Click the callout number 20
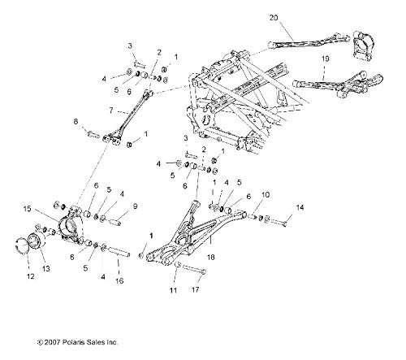[x=274, y=18]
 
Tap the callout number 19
[x=326, y=59]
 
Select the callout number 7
[x=111, y=111]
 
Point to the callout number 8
[x=76, y=121]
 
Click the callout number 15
[x=28, y=209]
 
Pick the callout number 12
[x=31, y=276]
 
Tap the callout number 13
[x=46, y=268]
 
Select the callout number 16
[x=119, y=280]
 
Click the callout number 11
[x=173, y=290]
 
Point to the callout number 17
[x=195, y=289]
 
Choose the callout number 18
[x=210, y=257]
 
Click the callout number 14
[x=300, y=207]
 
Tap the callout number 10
[x=266, y=195]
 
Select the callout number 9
[x=135, y=206]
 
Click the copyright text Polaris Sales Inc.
[x=90, y=342]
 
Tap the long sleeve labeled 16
[x=119, y=251]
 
